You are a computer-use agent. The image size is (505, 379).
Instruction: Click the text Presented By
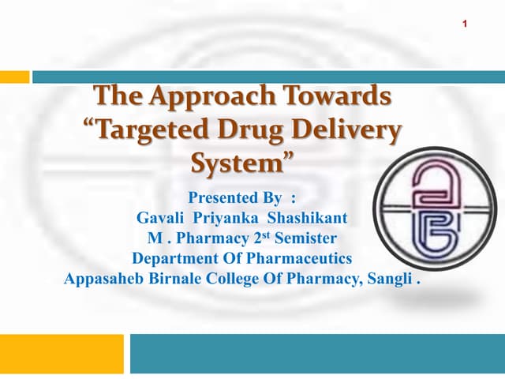[234, 197]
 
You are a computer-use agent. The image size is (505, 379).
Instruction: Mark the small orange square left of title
[14, 77]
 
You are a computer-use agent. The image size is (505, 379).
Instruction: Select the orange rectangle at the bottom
[62, 354]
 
